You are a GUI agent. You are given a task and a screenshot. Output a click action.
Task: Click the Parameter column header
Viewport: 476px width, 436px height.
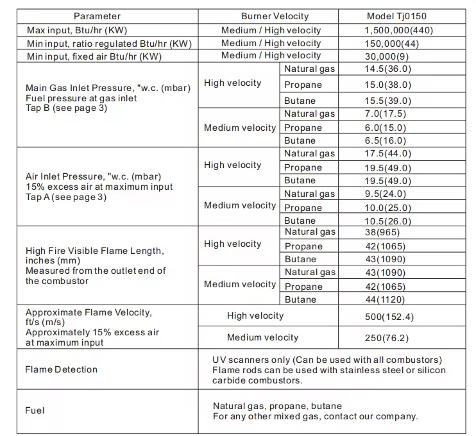[97, 16]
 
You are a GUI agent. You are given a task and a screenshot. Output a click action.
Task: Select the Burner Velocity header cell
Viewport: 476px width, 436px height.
[275, 16]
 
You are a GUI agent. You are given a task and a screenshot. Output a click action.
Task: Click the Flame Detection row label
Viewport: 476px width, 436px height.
[62, 369]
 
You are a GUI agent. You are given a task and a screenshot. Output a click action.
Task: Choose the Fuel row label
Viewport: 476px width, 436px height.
[35, 410]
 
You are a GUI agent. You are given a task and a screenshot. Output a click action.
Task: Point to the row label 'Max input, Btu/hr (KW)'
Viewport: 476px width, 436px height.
[85, 30]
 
